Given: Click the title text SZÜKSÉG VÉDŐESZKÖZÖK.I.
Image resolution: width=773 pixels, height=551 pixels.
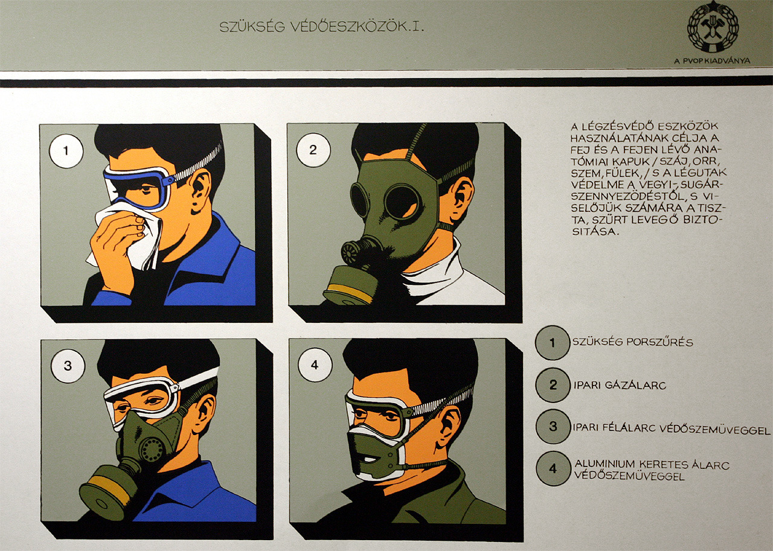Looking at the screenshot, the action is (x=321, y=27).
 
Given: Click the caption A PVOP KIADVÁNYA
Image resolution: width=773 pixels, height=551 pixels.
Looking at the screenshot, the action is (x=712, y=61).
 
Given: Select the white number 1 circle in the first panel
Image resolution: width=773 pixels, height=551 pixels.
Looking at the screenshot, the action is (x=66, y=151).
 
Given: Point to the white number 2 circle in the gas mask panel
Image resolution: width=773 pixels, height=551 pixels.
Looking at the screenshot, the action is (x=313, y=150).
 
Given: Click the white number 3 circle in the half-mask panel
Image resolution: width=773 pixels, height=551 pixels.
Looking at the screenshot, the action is (x=68, y=366).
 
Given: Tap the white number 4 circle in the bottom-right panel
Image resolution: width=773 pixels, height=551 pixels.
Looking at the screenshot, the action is (x=315, y=365).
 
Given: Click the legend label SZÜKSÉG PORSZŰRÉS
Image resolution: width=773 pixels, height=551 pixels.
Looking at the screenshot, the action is (x=633, y=342).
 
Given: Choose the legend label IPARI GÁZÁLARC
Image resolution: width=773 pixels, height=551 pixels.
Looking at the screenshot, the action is (x=620, y=385).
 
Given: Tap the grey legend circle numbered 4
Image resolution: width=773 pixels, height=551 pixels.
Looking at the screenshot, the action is (x=553, y=468).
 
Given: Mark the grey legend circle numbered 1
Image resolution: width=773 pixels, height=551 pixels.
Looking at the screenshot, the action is (x=553, y=343).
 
